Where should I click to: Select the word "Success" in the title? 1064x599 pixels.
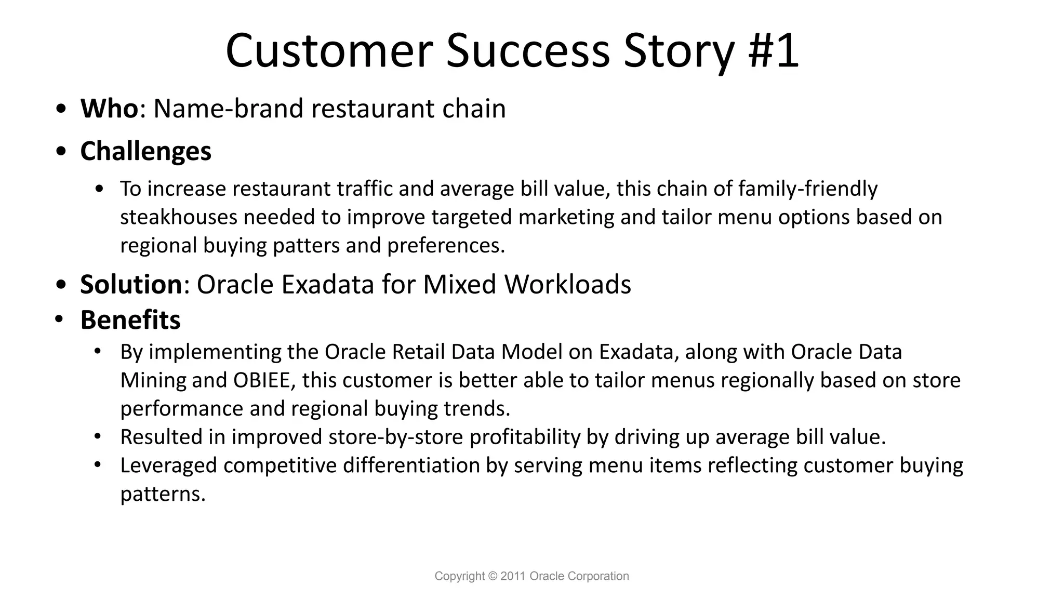(x=527, y=50)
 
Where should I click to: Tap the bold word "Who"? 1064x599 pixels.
(x=109, y=109)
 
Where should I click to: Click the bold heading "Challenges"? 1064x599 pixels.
(x=145, y=151)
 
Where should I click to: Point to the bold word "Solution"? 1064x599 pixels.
(x=131, y=284)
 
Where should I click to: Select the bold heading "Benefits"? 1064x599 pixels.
(x=130, y=320)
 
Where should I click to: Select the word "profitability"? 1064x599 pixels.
(x=525, y=437)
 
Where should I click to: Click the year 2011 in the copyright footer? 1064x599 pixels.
(x=513, y=576)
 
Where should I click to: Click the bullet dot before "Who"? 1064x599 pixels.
(x=61, y=110)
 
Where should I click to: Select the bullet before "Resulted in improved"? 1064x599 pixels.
(x=97, y=436)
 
